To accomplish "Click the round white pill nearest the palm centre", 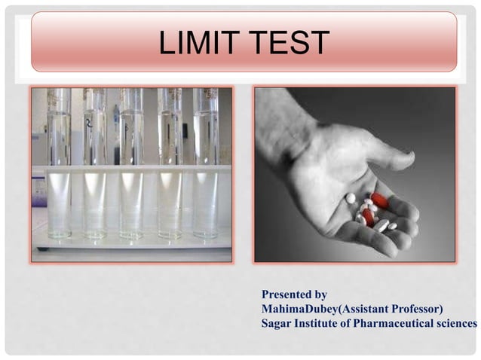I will tap(351, 198).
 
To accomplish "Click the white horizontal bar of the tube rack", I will tap(131, 169).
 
